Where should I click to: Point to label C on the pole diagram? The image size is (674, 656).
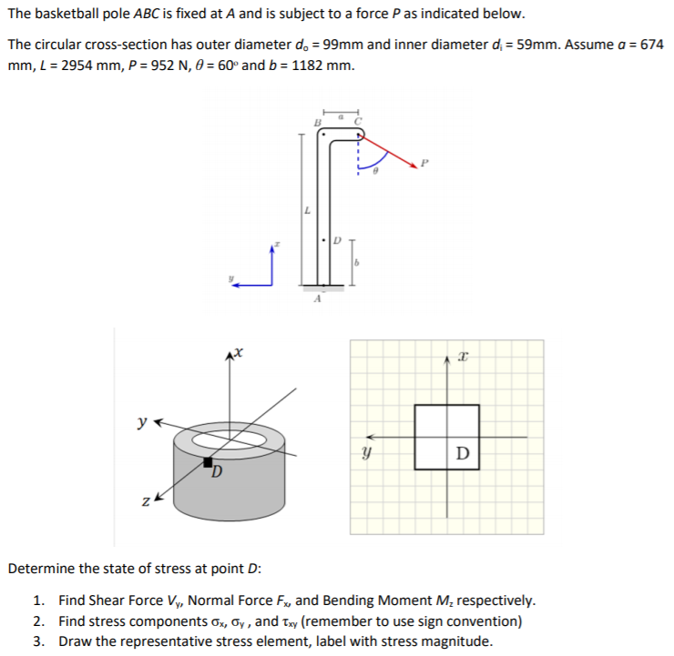click(358, 121)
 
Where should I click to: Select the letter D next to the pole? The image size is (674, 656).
click(335, 240)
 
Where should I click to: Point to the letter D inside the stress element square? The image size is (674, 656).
click(462, 452)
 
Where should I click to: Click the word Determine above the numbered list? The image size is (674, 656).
click(40, 569)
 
